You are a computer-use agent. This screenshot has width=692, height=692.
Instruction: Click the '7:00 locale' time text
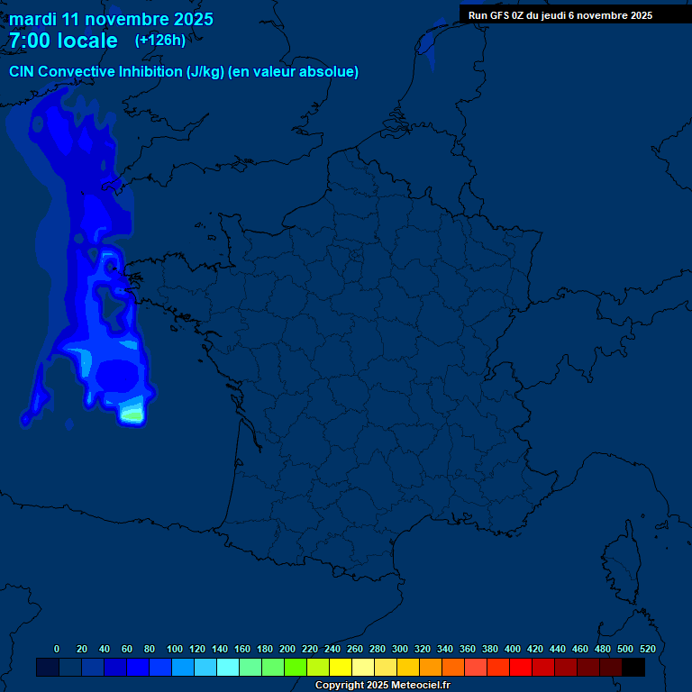point(63,41)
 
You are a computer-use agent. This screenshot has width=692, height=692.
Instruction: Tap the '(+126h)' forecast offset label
point(159,40)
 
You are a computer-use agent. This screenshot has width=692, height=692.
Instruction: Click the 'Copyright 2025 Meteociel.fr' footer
point(382,686)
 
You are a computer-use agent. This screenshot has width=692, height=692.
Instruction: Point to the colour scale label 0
point(57,649)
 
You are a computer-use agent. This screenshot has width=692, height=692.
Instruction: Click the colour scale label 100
point(175,649)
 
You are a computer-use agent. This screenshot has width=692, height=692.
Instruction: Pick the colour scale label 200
point(287,649)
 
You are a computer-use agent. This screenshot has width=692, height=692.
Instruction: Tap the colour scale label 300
point(400,649)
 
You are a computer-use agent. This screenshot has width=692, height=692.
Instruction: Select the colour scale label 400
point(513,649)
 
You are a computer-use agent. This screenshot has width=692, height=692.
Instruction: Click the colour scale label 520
point(647,649)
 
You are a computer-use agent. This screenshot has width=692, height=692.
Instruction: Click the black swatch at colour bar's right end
point(633,668)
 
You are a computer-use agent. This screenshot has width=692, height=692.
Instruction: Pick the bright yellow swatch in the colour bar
point(341,668)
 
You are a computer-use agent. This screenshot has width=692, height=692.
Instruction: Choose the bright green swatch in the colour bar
point(296,668)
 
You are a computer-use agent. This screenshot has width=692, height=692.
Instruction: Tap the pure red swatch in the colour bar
point(521,668)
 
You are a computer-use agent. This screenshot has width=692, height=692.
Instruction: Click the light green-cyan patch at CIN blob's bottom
point(132,414)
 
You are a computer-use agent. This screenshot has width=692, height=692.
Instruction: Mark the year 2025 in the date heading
point(193,19)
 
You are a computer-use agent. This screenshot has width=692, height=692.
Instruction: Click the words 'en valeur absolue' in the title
point(296,72)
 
